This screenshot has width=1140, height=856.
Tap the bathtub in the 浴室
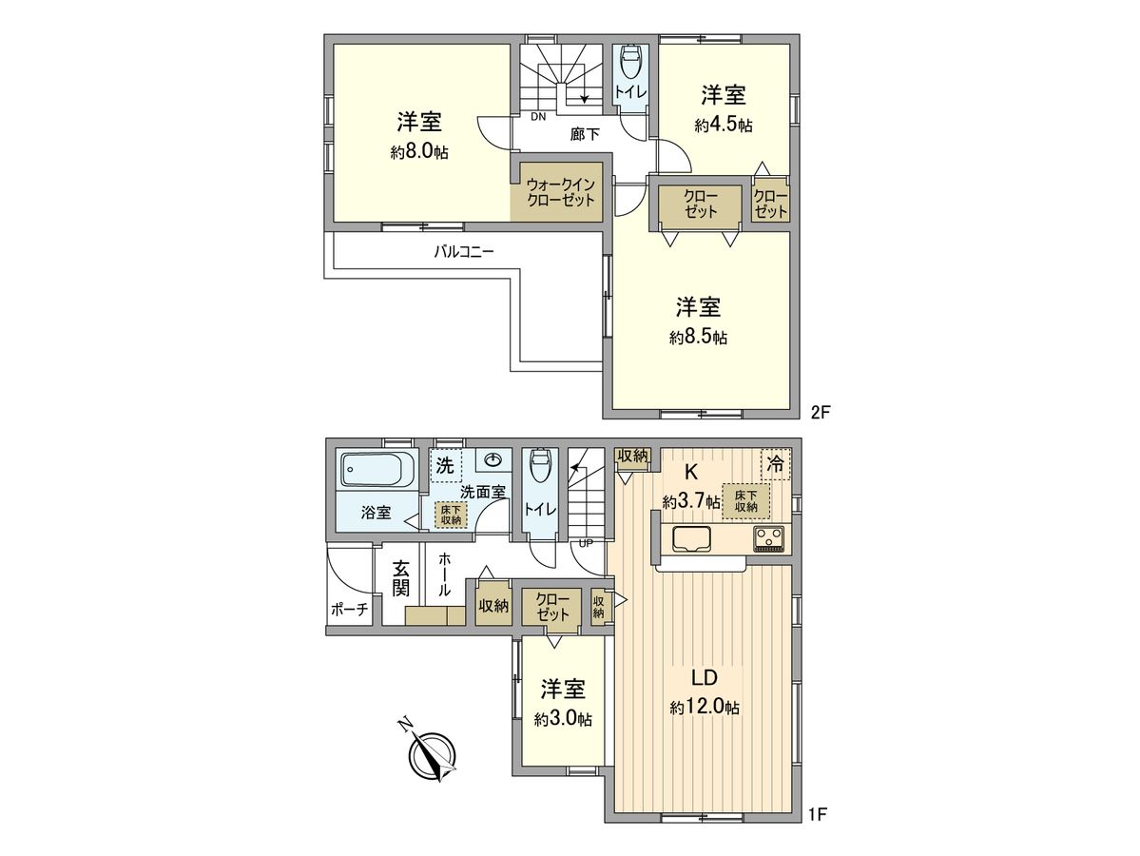coord(377,470)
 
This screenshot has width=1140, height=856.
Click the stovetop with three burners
coord(768,539)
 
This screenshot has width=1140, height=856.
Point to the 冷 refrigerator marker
coord(776,465)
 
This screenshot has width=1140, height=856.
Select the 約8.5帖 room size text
coord(698,337)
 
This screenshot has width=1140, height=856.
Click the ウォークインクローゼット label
coord(560,191)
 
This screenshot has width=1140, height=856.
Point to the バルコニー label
coord(464,252)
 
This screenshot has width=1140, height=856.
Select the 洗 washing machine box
coord(445,466)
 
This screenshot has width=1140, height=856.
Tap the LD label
coord(703,678)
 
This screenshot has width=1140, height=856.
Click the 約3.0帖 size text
coord(563,720)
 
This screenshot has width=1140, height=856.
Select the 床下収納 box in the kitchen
coord(745,500)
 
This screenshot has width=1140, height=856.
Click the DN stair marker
coord(537,117)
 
